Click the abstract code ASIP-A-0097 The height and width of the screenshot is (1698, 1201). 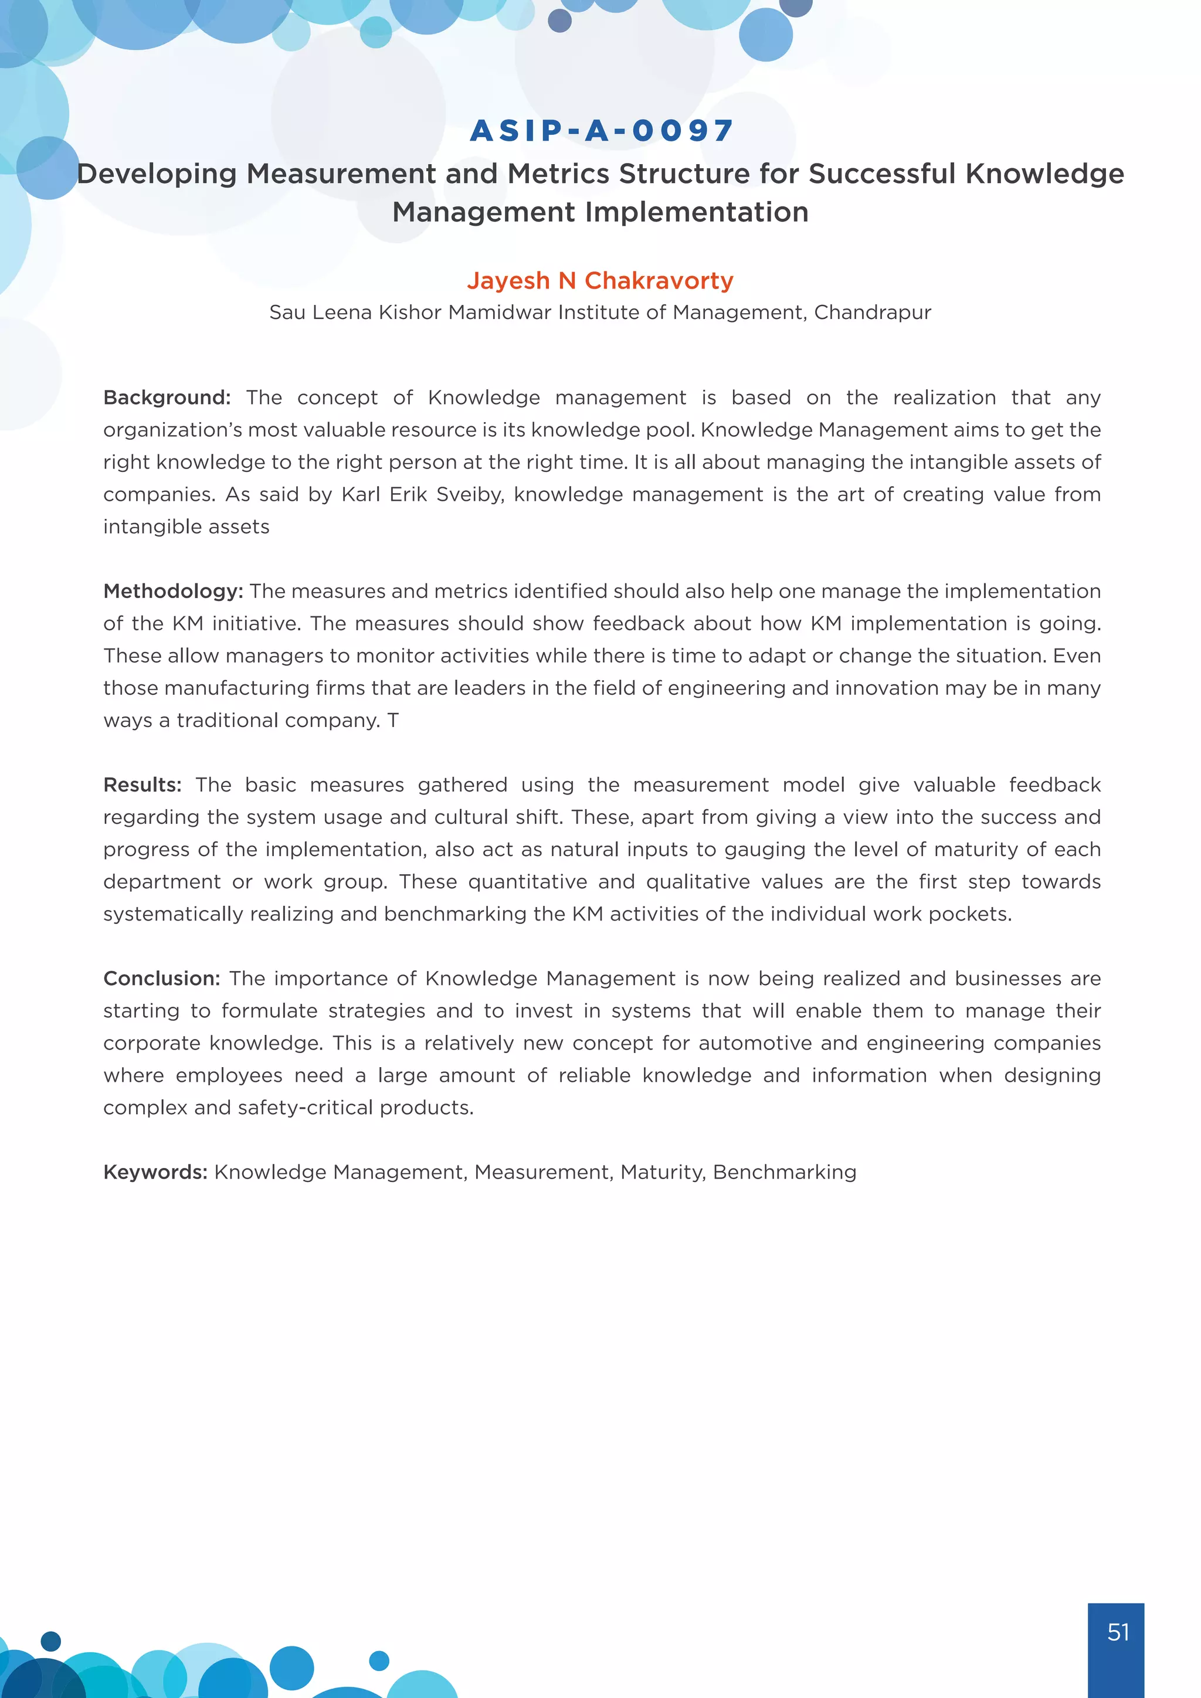(601, 131)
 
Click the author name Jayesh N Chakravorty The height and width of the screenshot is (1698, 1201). (600, 280)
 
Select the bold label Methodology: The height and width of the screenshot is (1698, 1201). (173, 591)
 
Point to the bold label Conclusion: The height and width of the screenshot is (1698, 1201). (162, 979)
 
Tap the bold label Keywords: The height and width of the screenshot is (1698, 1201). (155, 1172)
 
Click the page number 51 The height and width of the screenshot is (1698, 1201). (1117, 1632)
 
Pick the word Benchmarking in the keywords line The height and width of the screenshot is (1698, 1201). (784, 1172)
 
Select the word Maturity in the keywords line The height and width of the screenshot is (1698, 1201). (663, 1172)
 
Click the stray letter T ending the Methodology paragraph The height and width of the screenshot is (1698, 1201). (393, 721)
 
